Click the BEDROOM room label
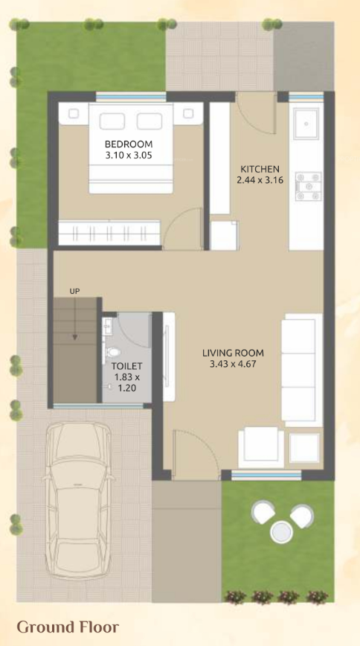tap(129, 144)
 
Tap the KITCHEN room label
tap(259, 169)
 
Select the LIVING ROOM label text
tap(234, 352)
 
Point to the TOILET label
tap(126, 366)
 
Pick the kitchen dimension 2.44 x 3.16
tap(259, 180)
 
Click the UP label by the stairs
tap(74, 291)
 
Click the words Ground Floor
tap(68, 627)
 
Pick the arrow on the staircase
tap(74, 321)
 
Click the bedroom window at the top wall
tap(131, 96)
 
